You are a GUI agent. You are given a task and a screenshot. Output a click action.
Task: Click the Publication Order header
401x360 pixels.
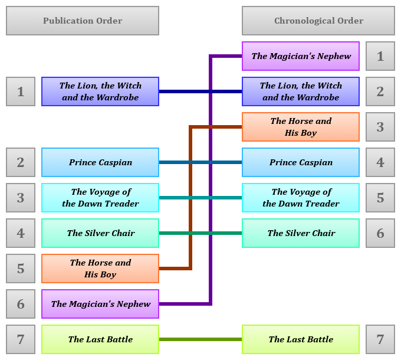tap(83, 21)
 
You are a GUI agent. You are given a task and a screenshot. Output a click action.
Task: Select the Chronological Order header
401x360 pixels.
tap(318, 21)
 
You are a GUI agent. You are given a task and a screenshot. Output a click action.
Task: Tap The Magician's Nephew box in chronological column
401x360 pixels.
tap(301, 56)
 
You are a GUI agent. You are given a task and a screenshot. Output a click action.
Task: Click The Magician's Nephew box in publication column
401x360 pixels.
tap(100, 304)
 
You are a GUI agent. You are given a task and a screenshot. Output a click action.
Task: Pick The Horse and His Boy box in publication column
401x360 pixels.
tap(100, 269)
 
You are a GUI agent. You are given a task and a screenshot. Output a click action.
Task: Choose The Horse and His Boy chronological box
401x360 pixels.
tap(301, 127)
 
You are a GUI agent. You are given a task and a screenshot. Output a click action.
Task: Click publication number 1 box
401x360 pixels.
tap(21, 91)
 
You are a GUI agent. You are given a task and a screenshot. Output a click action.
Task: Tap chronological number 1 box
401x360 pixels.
tap(380, 56)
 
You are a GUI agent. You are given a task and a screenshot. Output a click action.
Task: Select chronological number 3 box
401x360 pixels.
tap(380, 127)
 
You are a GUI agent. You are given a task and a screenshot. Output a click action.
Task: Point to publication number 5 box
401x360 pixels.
tap(21, 269)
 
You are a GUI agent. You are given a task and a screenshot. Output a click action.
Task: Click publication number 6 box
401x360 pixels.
tap(21, 304)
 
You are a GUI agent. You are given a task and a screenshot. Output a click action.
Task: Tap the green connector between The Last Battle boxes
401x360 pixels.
tap(200, 339)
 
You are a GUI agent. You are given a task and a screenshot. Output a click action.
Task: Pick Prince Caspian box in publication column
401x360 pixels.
tap(100, 162)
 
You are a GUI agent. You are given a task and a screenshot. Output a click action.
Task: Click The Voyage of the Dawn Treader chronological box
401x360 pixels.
tap(301, 198)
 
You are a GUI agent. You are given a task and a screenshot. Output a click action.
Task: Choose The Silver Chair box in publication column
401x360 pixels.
tap(100, 233)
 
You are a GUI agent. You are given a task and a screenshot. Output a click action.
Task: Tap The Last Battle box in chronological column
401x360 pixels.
tap(301, 339)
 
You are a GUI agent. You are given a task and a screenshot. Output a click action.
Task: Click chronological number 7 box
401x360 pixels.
tap(380, 339)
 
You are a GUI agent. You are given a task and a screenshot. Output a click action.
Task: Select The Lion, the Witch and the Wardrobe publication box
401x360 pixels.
tap(100, 91)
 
